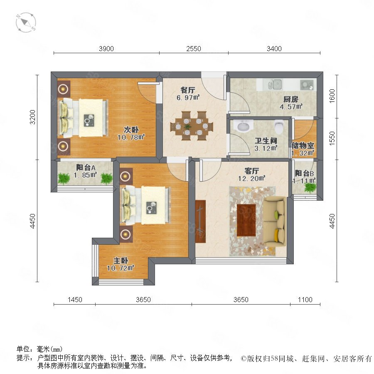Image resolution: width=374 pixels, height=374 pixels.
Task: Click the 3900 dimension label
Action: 106,49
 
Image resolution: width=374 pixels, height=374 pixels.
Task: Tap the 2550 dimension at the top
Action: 193,49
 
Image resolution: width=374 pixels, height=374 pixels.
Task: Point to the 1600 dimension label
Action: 332,96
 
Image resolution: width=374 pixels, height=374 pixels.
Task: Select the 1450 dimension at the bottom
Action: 75,300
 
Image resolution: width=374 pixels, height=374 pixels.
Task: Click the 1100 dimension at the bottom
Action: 305,300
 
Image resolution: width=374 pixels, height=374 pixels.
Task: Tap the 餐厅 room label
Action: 188,90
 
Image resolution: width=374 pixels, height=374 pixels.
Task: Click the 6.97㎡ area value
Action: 188,98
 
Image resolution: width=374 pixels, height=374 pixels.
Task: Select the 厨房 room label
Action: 291,99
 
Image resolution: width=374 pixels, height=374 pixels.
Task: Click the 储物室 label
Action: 303,145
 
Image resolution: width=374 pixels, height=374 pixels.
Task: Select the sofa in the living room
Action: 274,222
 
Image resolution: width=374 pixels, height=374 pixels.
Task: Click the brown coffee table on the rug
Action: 246,220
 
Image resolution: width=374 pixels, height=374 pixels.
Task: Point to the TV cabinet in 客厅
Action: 200,221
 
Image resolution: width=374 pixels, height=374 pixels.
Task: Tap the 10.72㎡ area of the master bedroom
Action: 121,268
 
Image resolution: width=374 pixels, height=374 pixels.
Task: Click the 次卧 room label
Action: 131,130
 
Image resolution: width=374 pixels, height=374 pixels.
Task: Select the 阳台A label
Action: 86,167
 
